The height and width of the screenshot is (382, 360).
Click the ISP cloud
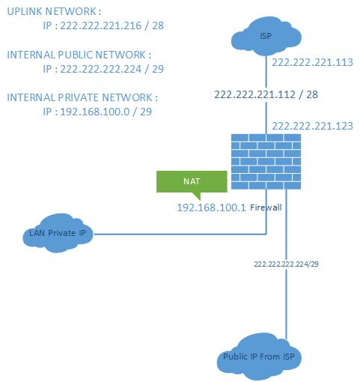click(x=266, y=36)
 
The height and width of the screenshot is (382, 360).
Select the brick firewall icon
click(x=266, y=161)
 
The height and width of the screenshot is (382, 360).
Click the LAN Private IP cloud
click(x=58, y=234)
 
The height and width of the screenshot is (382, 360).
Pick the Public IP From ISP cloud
click(x=259, y=357)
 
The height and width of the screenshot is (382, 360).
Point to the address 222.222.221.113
click(x=312, y=63)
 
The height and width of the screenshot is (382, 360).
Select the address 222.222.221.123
click(x=312, y=126)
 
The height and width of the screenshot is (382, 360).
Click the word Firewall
click(x=265, y=208)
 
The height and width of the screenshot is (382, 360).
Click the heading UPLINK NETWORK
click(x=52, y=11)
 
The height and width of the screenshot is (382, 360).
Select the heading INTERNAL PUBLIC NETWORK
click(x=79, y=55)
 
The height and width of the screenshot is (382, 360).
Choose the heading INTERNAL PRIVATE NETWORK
click(x=82, y=97)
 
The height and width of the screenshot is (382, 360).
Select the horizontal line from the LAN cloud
click(x=180, y=234)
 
